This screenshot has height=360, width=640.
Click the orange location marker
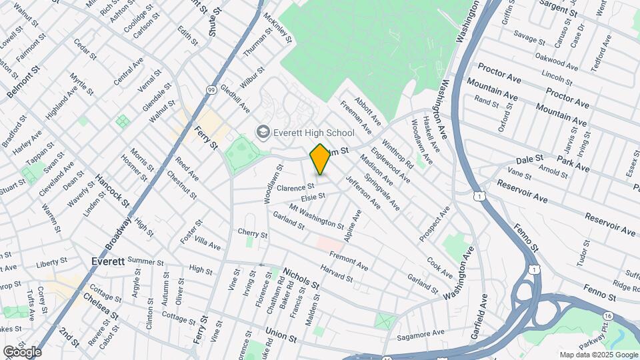point(320,159)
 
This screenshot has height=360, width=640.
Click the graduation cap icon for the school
point(263,133)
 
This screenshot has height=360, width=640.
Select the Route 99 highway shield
point(211,89)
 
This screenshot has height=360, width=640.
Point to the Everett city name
point(108,261)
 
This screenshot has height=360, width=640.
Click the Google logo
point(21,351)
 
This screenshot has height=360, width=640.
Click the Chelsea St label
point(100,305)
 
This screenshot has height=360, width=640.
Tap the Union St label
point(280,334)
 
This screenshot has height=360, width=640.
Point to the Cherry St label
point(253,234)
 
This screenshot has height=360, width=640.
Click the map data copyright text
point(598,355)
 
